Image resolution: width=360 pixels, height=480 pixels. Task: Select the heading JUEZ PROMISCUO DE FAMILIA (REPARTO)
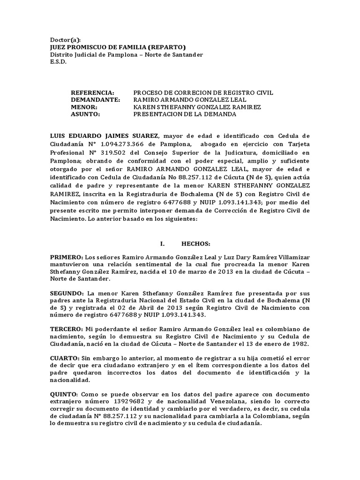pos(118,47)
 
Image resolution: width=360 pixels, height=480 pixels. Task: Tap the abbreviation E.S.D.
pos(59,62)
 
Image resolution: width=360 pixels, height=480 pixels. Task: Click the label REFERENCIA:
pos(92,93)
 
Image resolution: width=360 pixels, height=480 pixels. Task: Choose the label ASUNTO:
pos(85,114)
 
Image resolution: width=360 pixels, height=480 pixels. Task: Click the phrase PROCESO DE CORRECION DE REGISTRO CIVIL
pos(203,93)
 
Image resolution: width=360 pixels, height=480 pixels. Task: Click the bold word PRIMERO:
pos(67,258)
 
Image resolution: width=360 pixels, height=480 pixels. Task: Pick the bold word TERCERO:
pos(67,329)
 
